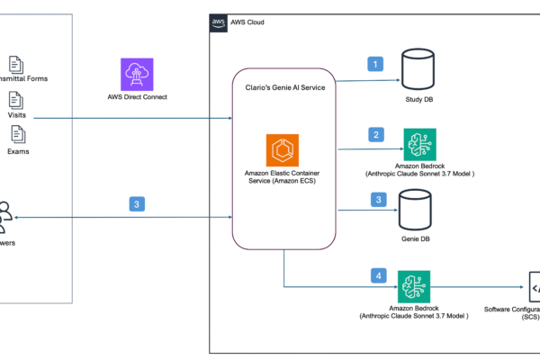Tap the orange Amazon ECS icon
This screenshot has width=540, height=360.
coord(283,151)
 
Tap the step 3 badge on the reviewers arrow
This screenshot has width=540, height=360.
coord(137,204)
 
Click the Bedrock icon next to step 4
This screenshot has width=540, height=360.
coord(414,286)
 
